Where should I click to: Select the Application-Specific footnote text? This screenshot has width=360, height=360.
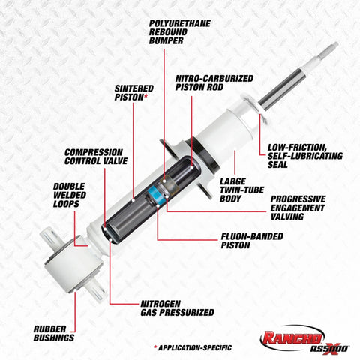[193, 348]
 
